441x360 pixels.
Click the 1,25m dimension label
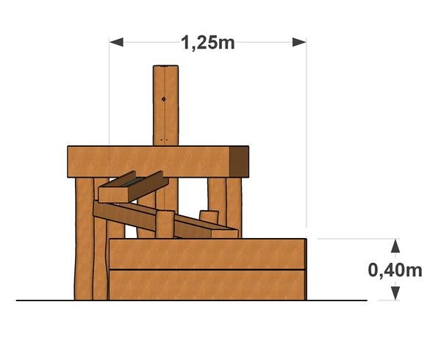pos(207,43)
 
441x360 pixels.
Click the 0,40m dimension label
pos(395,270)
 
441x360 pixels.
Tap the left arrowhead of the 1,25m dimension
pos(116,42)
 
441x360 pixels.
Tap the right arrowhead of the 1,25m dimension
pos(299,42)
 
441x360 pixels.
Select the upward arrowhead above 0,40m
pos(395,246)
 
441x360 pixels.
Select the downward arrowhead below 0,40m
pos(395,293)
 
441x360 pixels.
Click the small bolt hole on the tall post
pos(164,99)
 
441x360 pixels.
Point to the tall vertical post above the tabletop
pos(165,105)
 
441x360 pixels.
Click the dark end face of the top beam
pos(239,162)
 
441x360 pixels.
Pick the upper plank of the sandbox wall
pos(207,254)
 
